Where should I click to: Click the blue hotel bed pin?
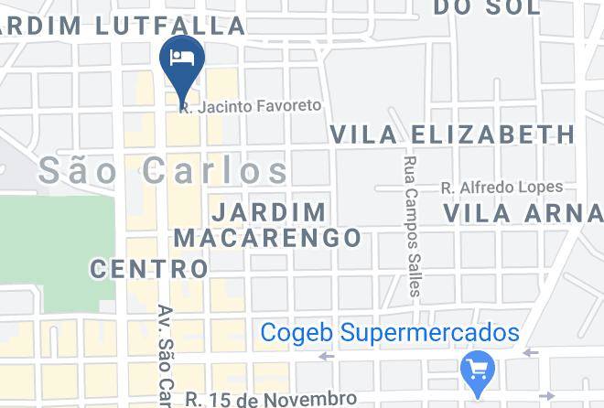pos(182,60)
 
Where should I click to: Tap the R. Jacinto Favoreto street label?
pos(251,106)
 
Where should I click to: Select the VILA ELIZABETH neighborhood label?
pos(452,134)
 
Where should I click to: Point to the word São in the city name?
pos(84,170)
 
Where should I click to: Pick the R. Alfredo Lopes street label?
pos(502,188)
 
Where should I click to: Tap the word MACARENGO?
pos(268,238)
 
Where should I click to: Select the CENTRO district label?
pos(149,269)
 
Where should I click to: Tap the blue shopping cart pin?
pos(478,370)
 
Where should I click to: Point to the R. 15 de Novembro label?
pos(270,399)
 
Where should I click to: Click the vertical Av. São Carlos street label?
pos(166,357)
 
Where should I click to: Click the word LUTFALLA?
pos(180,26)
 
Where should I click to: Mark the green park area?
pos(55,247)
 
